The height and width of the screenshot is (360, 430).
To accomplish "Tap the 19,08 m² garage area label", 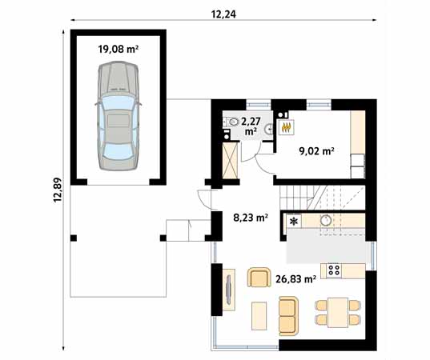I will [119, 49].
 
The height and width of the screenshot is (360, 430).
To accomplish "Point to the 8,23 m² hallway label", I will [250, 216].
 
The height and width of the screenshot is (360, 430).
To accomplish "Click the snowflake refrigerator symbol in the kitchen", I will [295, 222].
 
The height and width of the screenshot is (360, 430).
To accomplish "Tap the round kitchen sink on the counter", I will [327, 220].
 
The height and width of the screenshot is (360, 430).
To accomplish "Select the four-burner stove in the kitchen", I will [333, 270].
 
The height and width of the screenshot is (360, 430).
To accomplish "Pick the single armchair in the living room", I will [259, 278].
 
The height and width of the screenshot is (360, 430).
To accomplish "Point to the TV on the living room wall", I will [229, 291].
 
